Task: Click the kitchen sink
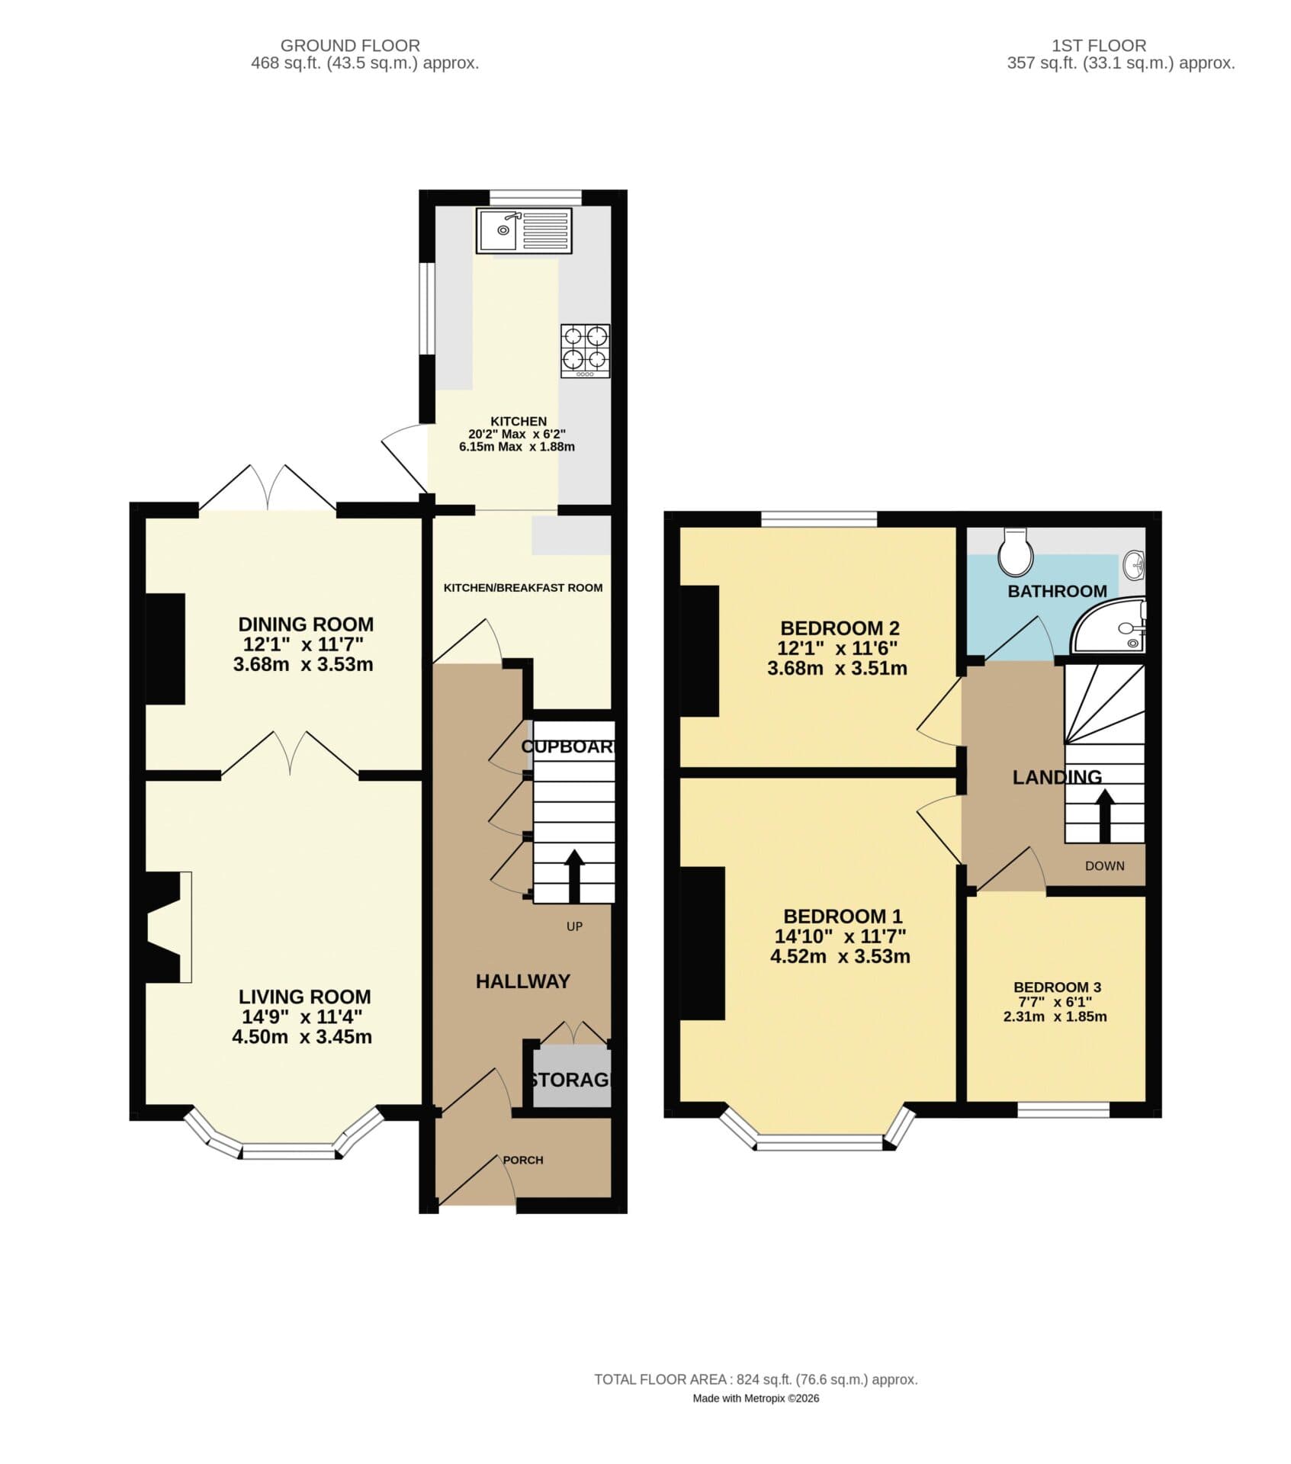click(x=524, y=230)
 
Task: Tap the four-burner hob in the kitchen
click(x=585, y=351)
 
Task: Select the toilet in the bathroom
click(x=1016, y=552)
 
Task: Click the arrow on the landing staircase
click(x=1104, y=814)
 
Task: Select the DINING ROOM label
click(x=306, y=624)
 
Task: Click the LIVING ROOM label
click(x=304, y=997)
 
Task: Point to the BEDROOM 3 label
click(x=1057, y=987)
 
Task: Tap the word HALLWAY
click(x=522, y=981)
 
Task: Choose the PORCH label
click(x=523, y=1160)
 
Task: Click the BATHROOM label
click(x=1057, y=591)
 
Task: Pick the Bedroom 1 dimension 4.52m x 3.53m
click(x=840, y=956)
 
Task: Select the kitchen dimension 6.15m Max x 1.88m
click(x=516, y=447)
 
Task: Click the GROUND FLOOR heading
click(x=350, y=46)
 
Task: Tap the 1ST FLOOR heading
click(x=1098, y=46)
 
